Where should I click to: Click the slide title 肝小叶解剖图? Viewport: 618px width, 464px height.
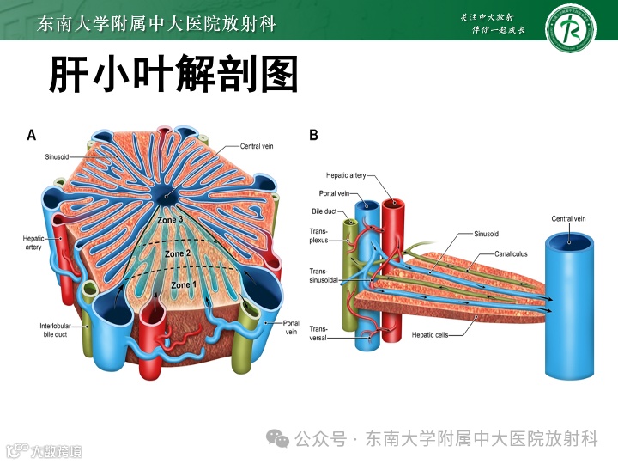pos(173,75)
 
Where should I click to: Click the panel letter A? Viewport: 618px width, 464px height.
pos(32,135)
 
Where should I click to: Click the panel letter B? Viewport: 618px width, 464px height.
pos(313,135)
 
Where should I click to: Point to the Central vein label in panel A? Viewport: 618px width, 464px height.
pos(257,147)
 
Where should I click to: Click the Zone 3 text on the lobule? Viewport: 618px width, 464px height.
pos(170,221)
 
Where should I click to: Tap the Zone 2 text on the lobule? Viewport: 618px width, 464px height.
pos(178,254)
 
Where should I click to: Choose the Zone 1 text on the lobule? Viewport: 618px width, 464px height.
pos(183,284)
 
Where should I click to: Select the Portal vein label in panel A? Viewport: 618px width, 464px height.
pos(291,327)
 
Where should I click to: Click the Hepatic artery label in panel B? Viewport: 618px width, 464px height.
pos(346,175)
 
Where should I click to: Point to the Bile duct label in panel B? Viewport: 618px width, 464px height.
pos(324,211)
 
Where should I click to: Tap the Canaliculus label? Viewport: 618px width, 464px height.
pos(511,254)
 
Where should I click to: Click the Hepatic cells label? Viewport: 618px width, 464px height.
pos(429,334)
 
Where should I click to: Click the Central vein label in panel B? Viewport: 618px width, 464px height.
pos(568,219)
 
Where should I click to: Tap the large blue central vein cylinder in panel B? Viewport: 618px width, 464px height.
pos(568,309)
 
